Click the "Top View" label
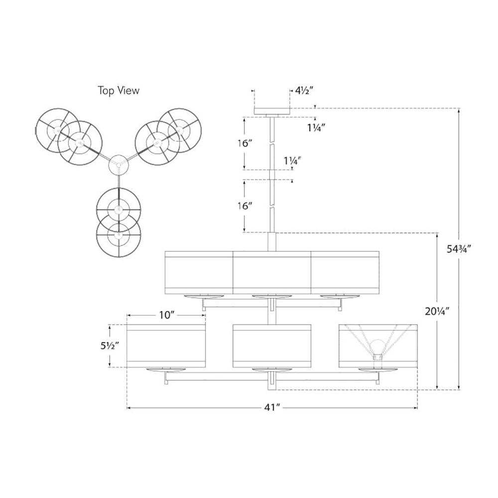118,91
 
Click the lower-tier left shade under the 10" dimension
166,346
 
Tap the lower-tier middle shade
272,346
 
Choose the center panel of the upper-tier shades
272,272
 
